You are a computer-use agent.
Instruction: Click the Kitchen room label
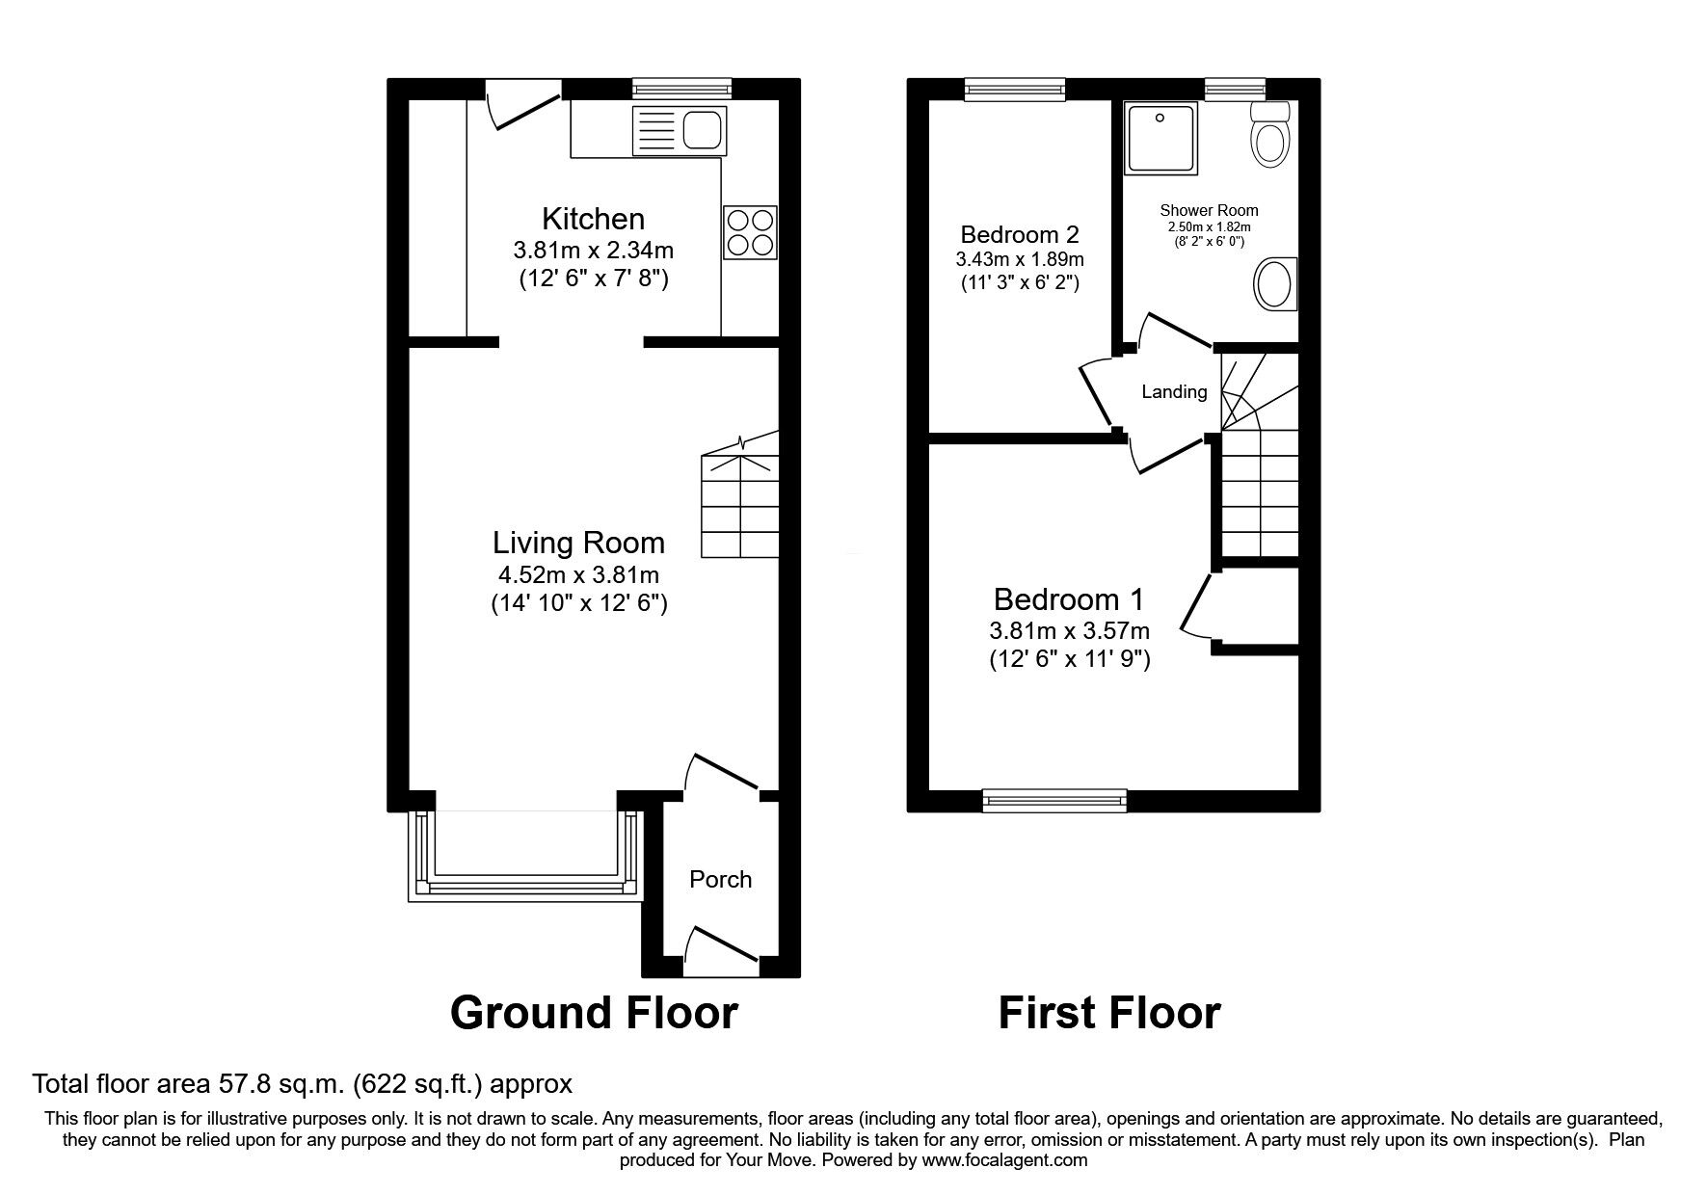pos(593,218)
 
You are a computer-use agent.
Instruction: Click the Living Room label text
pos(578,543)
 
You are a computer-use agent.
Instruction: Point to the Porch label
pos(720,879)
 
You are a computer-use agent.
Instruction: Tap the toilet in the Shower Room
pos(1269,136)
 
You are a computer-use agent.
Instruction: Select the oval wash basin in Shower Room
pos(1274,284)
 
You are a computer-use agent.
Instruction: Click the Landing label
pos(1174,391)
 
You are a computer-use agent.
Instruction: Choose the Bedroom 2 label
pos(1019,234)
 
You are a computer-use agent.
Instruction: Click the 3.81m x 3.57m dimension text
pos(1069,631)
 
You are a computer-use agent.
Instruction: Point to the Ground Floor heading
pos(594,1013)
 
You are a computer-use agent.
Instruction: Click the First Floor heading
pos(1108,1013)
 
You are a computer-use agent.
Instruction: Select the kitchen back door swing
pos(519,108)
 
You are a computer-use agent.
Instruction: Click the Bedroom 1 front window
pos(1054,799)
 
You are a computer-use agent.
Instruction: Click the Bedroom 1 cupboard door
pos(1195,607)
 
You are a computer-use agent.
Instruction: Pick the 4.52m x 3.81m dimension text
pos(578,575)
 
